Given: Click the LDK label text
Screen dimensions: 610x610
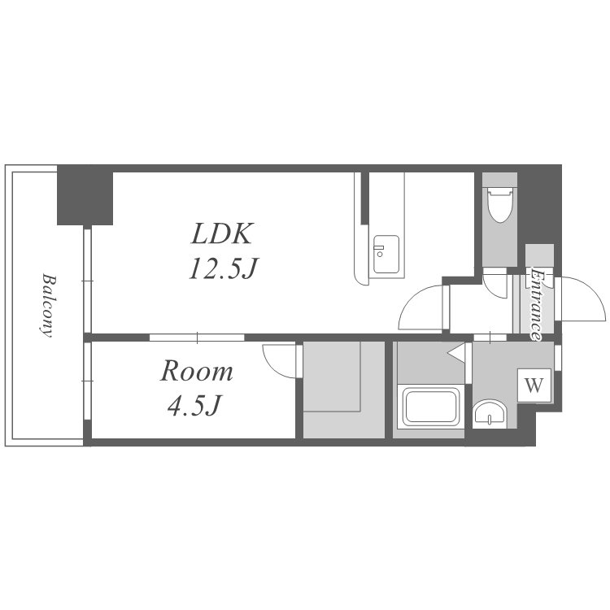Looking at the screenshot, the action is click(x=222, y=233).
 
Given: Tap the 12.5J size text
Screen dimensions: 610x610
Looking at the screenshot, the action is click(x=224, y=268).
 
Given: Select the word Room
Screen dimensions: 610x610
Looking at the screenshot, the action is click(x=197, y=371).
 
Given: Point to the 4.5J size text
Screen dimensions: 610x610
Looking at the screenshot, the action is click(x=194, y=406).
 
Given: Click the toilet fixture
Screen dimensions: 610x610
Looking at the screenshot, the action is click(x=500, y=203).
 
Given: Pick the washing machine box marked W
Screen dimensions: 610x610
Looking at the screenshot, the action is click(x=534, y=386).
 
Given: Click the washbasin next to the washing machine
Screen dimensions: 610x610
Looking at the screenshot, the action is click(x=490, y=413).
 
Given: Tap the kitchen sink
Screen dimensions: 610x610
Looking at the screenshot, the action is click(x=386, y=254).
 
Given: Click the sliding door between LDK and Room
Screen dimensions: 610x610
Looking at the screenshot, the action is click(x=197, y=338).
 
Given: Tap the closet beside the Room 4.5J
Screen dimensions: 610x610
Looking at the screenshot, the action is click(x=343, y=390).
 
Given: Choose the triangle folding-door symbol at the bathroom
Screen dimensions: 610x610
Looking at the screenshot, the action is click(x=456, y=353).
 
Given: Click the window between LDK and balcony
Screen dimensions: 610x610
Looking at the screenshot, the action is click(x=88, y=281).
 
